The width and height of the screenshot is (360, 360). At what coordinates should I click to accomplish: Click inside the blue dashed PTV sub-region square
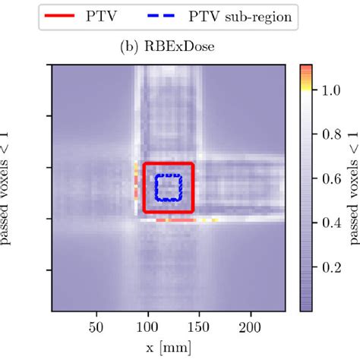(168, 187)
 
